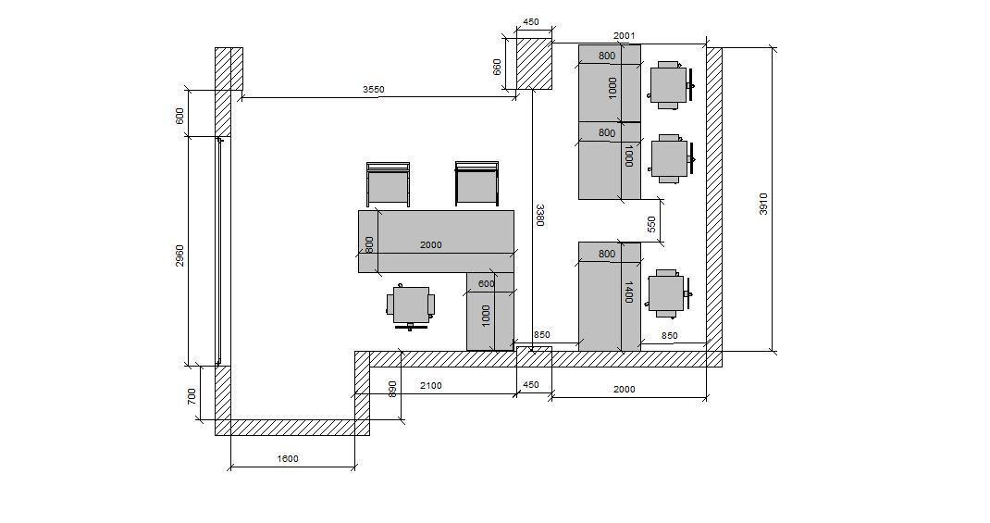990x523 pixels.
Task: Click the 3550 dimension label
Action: [x=373, y=90]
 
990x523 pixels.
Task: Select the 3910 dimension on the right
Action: [x=763, y=204]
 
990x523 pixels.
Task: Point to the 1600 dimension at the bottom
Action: [x=288, y=458]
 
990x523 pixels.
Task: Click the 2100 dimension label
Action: [x=431, y=385]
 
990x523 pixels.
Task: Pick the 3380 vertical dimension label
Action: [x=539, y=215]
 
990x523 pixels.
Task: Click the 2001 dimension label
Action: [x=624, y=36]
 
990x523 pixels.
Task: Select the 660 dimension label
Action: [x=497, y=67]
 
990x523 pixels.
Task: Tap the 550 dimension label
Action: [x=651, y=224]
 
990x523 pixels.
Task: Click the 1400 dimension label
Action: [x=628, y=292]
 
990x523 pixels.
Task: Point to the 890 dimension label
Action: [x=392, y=389]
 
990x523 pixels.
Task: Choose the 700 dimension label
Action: [x=192, y=397]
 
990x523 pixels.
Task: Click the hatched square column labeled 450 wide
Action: [x=535, y=63]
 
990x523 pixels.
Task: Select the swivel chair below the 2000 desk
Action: [x=411, y=306]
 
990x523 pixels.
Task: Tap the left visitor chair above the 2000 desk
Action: [x=389, y=184]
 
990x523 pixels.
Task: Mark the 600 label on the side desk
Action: [x=486, y=284]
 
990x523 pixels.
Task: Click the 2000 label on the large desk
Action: [x=431, y=245]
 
